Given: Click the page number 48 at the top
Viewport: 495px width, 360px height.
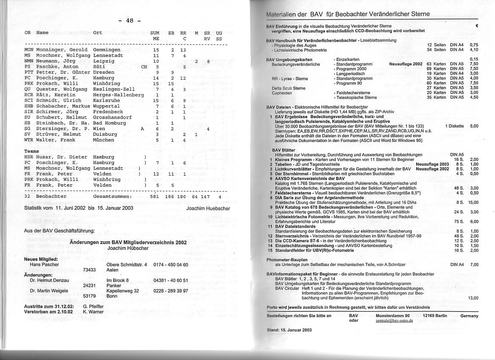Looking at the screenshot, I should tap(130, 21).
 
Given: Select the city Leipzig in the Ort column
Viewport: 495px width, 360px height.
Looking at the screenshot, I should tap(104, 61).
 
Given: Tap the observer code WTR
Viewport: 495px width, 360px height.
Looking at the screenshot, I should tap(29, 140).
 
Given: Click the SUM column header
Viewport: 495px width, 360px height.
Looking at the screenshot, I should tap(155, 33).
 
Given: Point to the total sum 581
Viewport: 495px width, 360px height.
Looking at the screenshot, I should tap(155, 197).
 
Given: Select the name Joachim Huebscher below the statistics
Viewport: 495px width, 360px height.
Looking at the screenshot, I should tap(208, 208).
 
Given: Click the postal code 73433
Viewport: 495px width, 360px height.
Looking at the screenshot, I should tap(89, 270).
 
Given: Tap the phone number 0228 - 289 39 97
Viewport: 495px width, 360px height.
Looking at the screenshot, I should tap(171, 291).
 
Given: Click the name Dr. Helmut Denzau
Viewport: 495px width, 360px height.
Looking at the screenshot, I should tap(49, 280).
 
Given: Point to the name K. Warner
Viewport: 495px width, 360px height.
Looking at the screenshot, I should tap(94, 312).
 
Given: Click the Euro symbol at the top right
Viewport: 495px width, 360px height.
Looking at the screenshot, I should tap(477, 26).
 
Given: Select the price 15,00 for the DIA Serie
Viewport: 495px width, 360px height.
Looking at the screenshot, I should tap(473, 202).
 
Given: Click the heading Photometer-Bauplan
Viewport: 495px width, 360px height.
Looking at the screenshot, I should tap(287, 260).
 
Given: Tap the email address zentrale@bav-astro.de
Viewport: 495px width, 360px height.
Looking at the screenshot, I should tap(394, 321).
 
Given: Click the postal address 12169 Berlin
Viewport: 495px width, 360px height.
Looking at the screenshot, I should tap(435, 316).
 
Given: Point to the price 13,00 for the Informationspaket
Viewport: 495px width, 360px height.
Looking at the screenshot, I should tap(473, 298).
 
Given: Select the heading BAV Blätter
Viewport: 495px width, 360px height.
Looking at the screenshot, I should tap(284, 150).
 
